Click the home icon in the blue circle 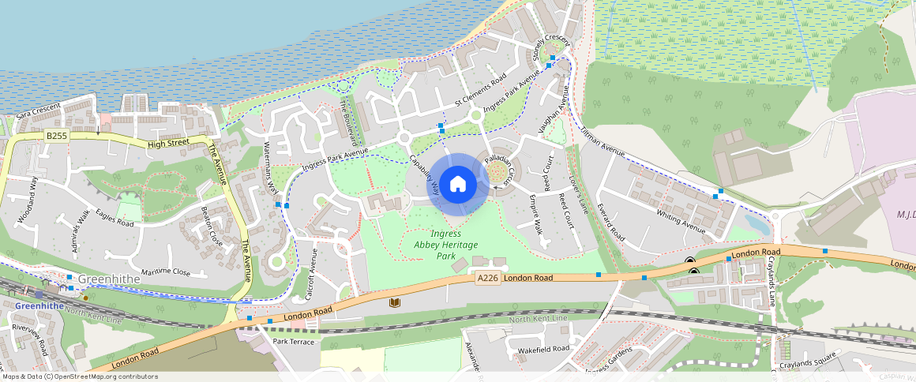tap(458, 185)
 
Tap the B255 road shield tap(56, 136)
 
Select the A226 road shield tap(487, 278)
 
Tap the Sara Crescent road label tap(38, 110)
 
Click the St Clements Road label tap(480, 93)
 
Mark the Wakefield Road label tap(542, 349)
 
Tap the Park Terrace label tap(293, 342)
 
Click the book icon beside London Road tap(395, 302)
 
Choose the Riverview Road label tap(30, 340)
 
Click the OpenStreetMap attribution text tap(79, 376)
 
